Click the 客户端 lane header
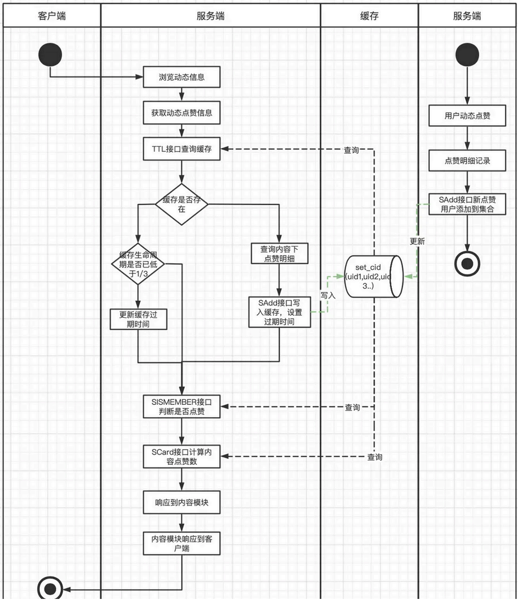(52, 16)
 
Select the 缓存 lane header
(369, 16)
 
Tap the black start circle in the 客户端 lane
(50, 55)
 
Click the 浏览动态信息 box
(182, 77)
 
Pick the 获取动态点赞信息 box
(182, 113)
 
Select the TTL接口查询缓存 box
(182, 150)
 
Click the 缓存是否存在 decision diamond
(181, 204)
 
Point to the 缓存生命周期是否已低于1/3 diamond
(138, 264)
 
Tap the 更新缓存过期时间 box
(138, 320)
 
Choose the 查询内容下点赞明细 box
(279, 254)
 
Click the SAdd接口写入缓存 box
(280, 312)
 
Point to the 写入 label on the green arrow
(328, 295)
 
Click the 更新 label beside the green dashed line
(417, 241)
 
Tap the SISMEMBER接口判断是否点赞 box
(182, 407)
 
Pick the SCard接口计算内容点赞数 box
(182, 456)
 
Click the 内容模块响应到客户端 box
(182, 543)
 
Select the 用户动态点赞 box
(467, 115)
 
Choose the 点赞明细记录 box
(467, 160)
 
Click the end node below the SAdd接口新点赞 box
(467, 263)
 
